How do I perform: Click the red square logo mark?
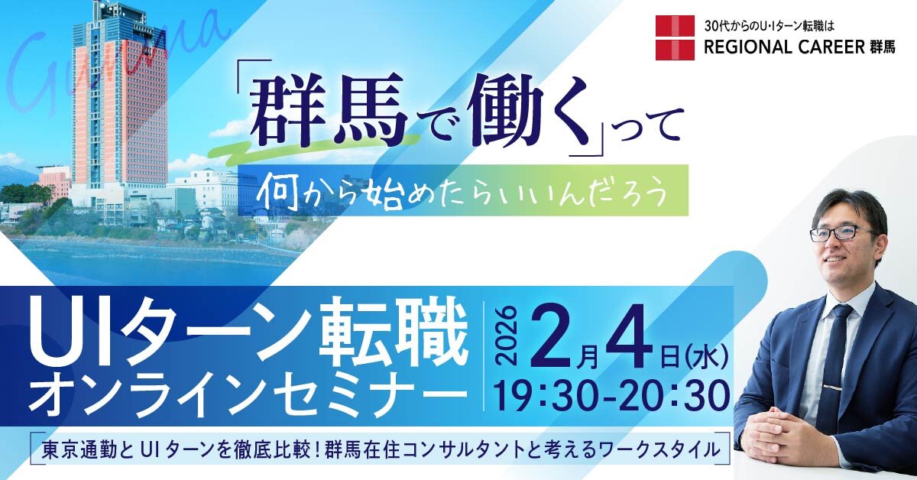675,37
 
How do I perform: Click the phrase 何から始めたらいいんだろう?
463,192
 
